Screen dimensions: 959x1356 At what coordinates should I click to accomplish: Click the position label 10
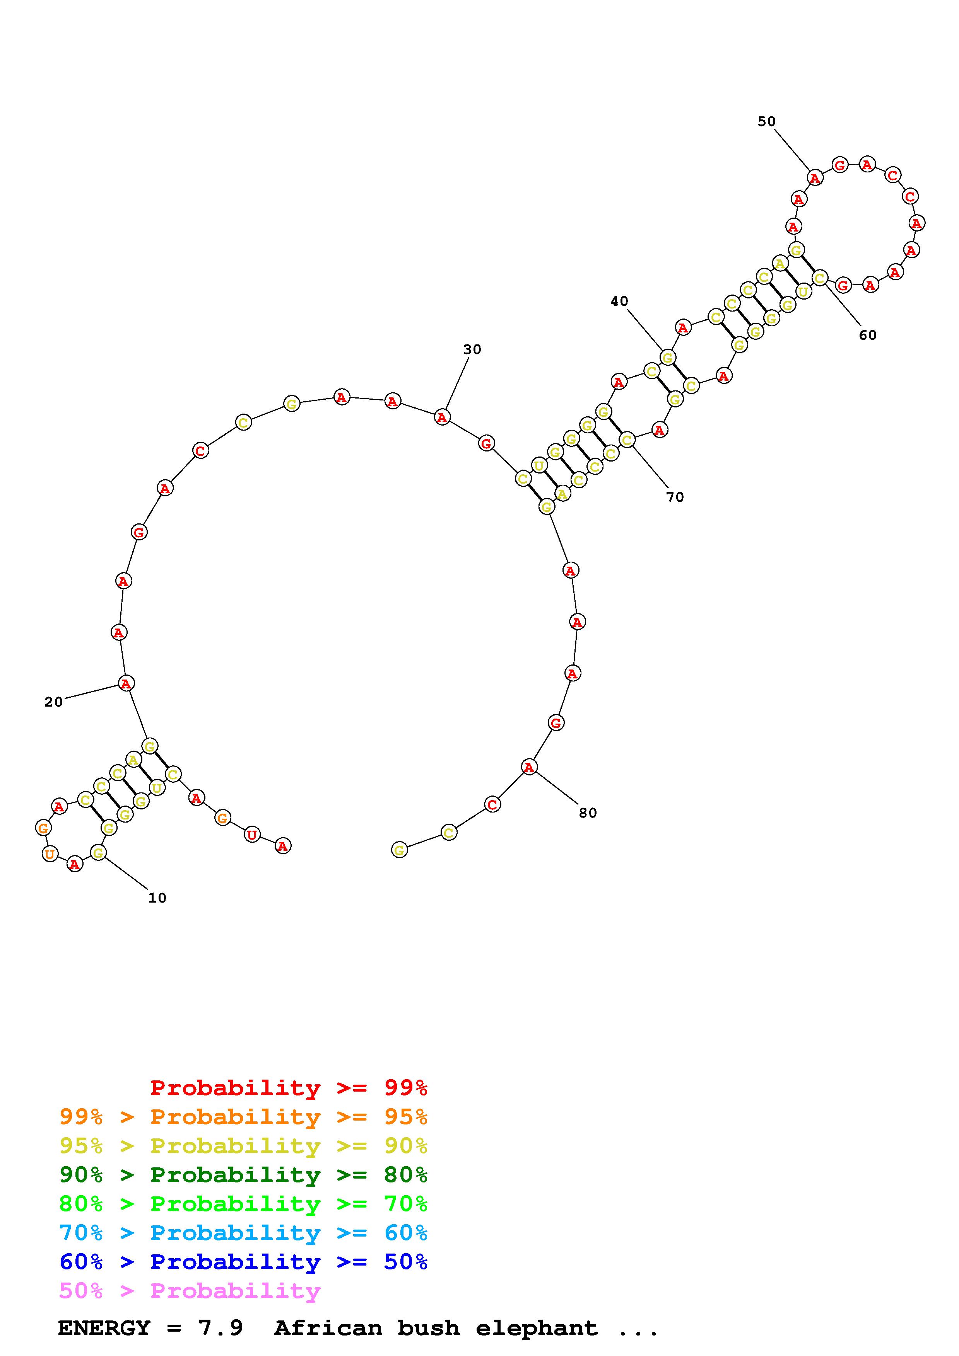point(157,898)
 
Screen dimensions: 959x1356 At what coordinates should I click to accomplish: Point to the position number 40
point(619,301)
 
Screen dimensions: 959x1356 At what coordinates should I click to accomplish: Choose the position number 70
point(675,497)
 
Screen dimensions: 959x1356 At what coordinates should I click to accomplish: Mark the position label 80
point(588,813)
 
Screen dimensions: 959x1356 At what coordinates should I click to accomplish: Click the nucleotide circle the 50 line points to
point(815,177)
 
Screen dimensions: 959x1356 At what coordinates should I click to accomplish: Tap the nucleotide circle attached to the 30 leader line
point(442,417)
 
